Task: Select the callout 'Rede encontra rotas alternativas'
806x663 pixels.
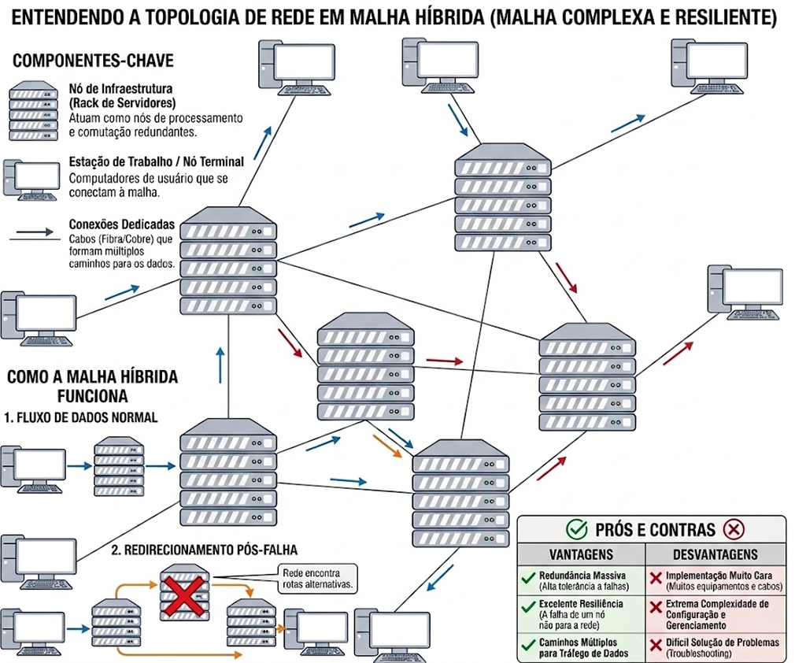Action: (x=318, y=579)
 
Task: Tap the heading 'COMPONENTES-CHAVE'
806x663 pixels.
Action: (x=94, y=61)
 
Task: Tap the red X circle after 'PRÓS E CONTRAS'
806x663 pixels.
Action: (x=734, y=529)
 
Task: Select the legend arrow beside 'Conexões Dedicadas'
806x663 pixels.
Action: (x=32, y=233)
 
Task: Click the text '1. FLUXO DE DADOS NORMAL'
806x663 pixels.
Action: (x=81, y=417)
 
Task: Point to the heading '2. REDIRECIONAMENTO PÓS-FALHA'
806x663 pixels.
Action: (x=204, y=550)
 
